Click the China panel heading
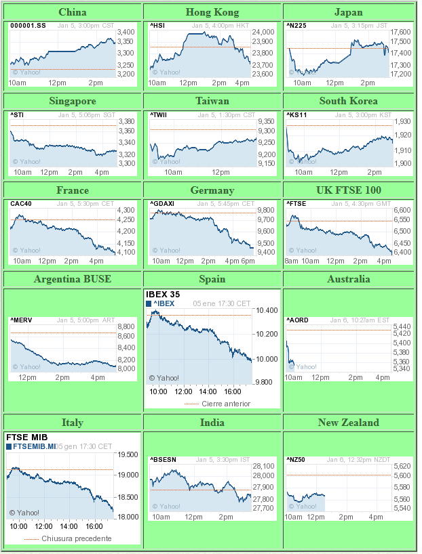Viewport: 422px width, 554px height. point(73,12)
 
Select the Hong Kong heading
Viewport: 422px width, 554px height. point(212,12)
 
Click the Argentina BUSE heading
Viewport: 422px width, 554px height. point(73,279)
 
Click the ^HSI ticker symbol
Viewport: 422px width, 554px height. point(157,26)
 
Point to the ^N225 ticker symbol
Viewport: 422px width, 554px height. point(296,26)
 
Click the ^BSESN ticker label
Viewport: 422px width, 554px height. point(163,460)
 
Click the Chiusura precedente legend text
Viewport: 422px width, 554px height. point(75,538)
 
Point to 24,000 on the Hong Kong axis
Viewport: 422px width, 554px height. point(263,32)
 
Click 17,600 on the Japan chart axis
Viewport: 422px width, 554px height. point(402,32)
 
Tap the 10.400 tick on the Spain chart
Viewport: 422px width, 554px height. point(267,310)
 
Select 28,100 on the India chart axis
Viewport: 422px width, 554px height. point(263,466)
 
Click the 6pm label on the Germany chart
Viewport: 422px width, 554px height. point(248,261)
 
